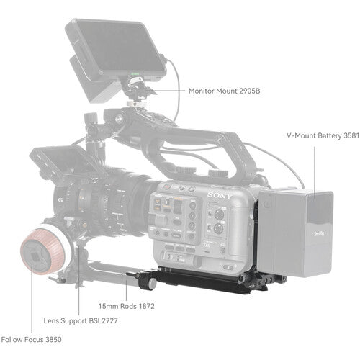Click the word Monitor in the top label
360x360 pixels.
click(x=203, y=91)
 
